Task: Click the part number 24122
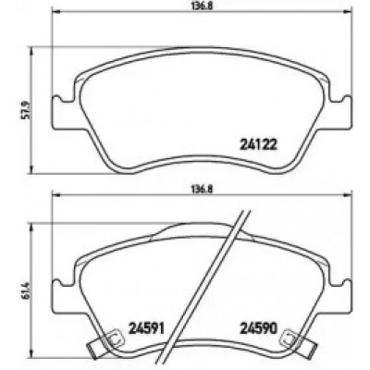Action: coord(258,144)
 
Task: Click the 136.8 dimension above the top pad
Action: coord(201,6)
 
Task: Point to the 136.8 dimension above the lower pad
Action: coord(201,189)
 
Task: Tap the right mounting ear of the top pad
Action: coord(339,113)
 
